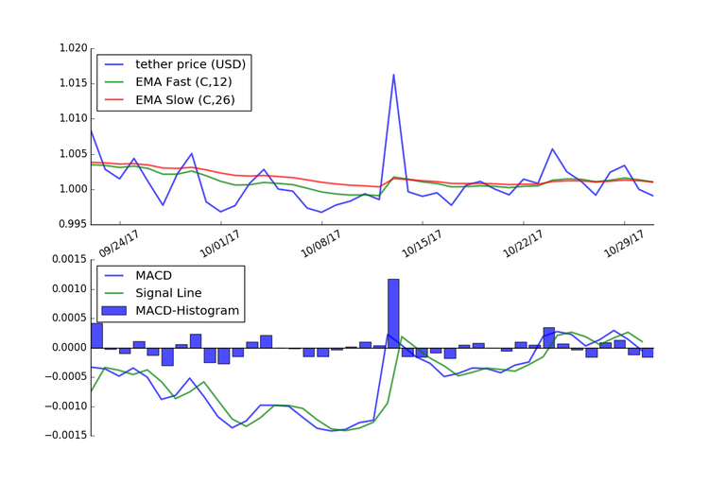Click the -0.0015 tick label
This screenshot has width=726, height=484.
click(63, 436)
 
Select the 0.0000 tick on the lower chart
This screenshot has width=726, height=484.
click(66, 348)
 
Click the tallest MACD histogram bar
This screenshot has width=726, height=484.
click(393, 313)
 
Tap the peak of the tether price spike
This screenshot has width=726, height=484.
click(393, 75)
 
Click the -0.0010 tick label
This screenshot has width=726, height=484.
click(63, 406)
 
